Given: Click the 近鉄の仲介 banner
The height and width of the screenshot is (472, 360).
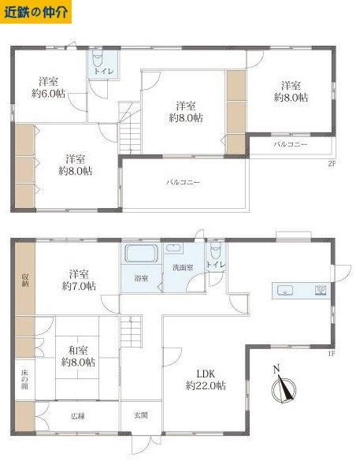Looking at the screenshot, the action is pyautogui.click(x=35, y=12).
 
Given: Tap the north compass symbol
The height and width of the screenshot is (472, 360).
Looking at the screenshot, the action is pyautogui.click(x=284, y=385).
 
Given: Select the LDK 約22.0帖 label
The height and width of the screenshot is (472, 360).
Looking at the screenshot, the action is pyautogui.click(x=206, y=380).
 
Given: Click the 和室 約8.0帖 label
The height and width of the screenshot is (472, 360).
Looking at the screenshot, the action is pyautogui.click(x=78, y=356).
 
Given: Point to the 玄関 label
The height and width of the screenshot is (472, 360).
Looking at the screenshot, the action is pyautogui.click(x=141, y=415).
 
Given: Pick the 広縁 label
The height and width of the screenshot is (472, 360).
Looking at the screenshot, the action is pyautogui.click(x=78, y=416).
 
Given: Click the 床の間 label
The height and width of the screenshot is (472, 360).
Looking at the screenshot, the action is pyautogui.click(x=24, y=379).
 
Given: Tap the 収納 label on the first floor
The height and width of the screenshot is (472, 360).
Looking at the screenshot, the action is pyautogui.click(x=24, y=280).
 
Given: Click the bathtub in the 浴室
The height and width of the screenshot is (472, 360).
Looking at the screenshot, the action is pyautogui.click(x=141, y=254).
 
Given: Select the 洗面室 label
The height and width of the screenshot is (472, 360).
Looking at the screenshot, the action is pyautogui.click(x=183, y=267).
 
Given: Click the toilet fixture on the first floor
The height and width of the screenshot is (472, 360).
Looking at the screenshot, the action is pyautogui.click(x=216, y=251).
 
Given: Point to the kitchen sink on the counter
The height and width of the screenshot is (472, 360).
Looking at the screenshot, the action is pyautogui.click(x=284, y=291).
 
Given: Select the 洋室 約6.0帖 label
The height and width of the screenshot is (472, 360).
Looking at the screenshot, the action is pyautogui.click(x=49, y=87).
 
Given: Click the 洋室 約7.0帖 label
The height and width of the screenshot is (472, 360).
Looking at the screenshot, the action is pyautogui.click(x=79, y=280).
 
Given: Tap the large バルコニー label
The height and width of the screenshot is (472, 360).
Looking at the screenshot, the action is pyautogui.click(x=184, y=183).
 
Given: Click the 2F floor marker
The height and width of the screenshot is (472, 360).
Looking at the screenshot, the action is pyautogui.click(x=332, y=163).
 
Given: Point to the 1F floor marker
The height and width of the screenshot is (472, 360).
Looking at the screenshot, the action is pyautogui.click(x=332, y=354).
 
